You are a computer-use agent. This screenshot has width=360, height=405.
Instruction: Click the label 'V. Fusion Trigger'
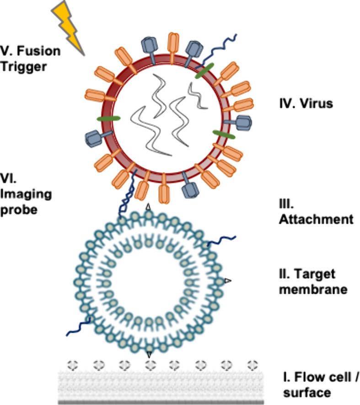30,59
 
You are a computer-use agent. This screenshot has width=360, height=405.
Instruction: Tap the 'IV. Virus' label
306,103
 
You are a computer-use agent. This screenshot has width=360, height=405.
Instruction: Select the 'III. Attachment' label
316,211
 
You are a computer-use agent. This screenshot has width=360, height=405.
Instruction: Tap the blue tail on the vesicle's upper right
222,240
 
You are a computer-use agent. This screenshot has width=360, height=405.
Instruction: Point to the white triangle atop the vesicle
148,207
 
